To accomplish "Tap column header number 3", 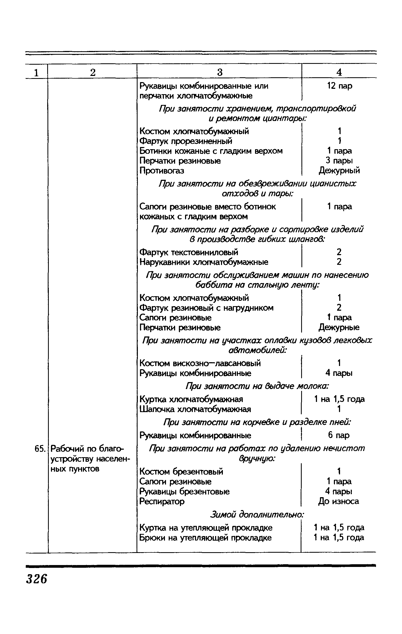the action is pyautogui.click(x=220, y=72).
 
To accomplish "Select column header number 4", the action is pyautogui.click(x=339, y=72).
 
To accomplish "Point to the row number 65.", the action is pyautogui.click(x=39, y=449).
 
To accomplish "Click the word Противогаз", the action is pyautogui.click(x=162, y=171).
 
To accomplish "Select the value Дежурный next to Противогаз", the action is pyautogui.click(x=339, y=171).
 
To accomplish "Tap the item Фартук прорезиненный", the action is pyautogui.click(x=186, y=141).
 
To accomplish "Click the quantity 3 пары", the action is pyautogui.click(x=339, y=161).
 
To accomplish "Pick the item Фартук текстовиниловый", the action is pyautogui.click(x=189, y=252).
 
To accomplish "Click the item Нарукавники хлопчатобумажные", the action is pyautogui.click(x=204, y=262).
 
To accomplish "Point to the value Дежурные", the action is pyautogui.click(x=339, y=328).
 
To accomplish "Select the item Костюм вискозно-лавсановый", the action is pyautogui.click(x=200, y=364).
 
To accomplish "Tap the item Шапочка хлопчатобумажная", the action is pyautogui.click(x=195, y=409).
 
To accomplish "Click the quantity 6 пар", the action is pyautogui.click(x=339, y=435).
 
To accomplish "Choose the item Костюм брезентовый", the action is pyautogui.click(x=181, y=471).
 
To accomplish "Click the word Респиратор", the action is pyautogui.click(x=162, y=501).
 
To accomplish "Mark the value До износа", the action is pyautogui.click(x=338, y=501).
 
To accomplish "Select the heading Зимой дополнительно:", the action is pyautogui.click(x=257, y=514).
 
